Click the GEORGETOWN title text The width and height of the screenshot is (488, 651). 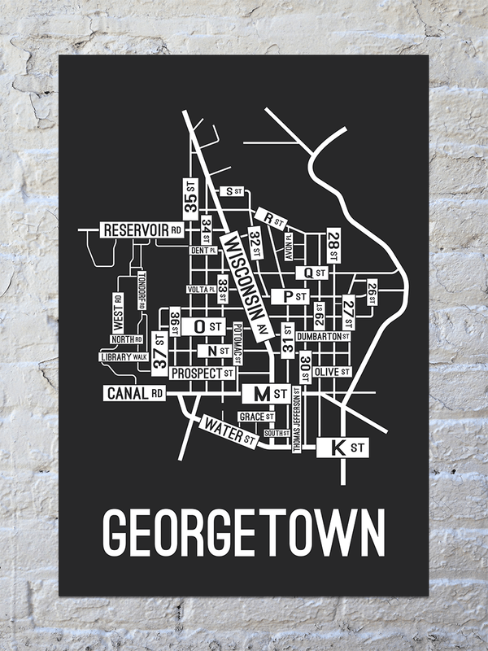click(244, 533)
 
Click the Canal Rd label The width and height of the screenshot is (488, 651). click(135, 394)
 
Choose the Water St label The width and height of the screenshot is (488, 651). click(230, 430)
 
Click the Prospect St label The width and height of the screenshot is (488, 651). click(202, 373)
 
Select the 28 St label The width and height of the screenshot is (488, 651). click(333, 242)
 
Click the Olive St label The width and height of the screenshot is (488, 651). click(331, 371)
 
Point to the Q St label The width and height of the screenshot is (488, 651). click(313, 273)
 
